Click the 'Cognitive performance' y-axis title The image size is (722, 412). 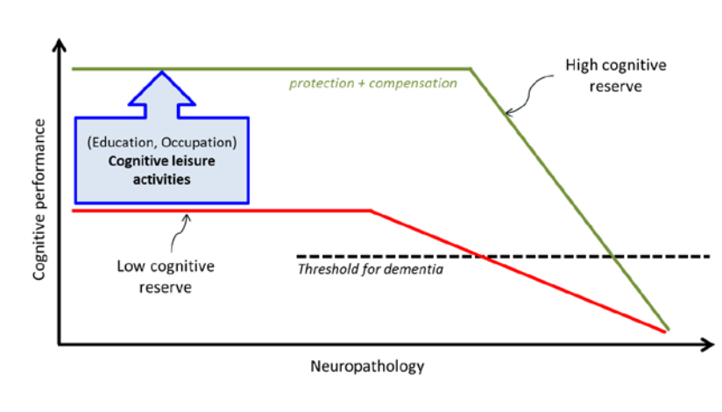(x=39, y=201)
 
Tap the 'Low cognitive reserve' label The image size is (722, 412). (x=166, y=275)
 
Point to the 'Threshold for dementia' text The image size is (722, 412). (x=371, y=269)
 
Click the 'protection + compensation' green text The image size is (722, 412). (x=373, y=83)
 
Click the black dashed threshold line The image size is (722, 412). (x=543, y=256)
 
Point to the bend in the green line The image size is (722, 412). (x=471, y=68)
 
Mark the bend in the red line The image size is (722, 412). (x=372, y=210)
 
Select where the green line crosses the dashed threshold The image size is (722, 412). (x=612, y=256)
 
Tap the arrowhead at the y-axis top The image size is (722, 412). (x=59, y=44)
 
